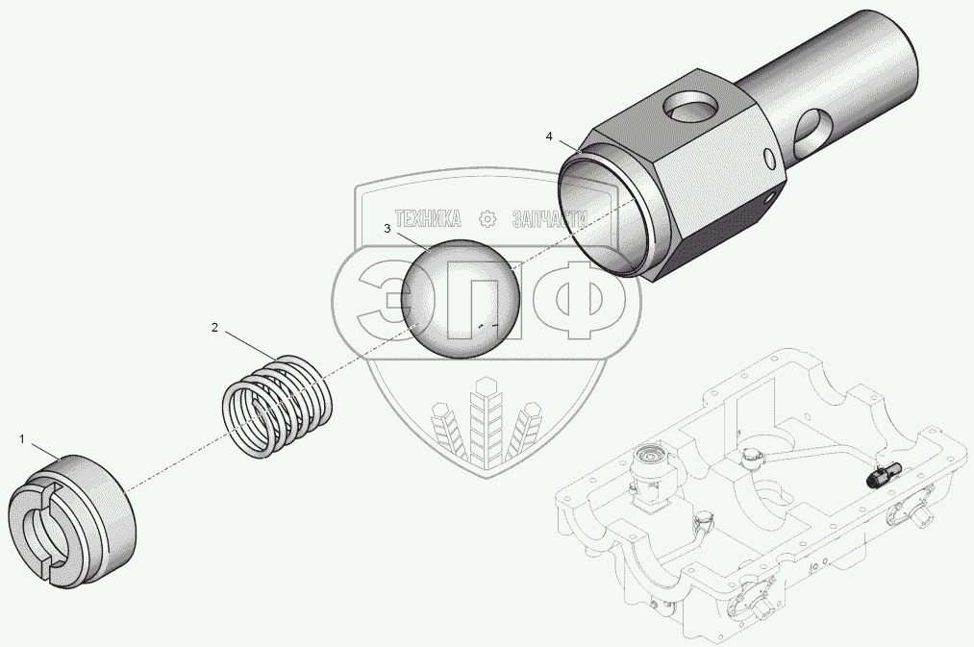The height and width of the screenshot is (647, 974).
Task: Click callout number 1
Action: [22, 439]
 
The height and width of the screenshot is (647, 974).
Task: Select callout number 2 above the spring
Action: [215, 327]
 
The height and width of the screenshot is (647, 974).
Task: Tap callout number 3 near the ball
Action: [387, 229]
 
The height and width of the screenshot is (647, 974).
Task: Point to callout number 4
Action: [549, 136]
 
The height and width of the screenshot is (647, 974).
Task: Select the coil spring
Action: [277, 406]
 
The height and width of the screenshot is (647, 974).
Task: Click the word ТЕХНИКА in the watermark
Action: [428, 218]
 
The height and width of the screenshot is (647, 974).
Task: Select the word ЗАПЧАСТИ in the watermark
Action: [550, 218]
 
